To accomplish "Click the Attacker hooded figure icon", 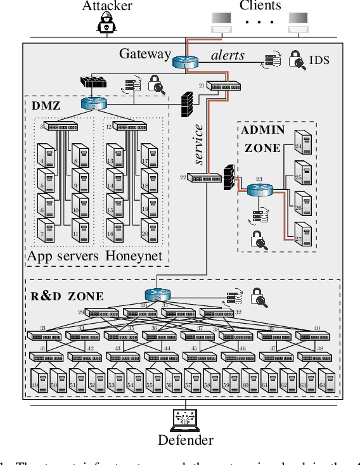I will [107, 24].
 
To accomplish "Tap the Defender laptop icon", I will [185, 420].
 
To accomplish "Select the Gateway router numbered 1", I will [185, 61].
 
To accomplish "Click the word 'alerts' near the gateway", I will [228, 55].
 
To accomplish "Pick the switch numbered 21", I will [224, 86].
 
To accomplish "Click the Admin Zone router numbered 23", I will [259, 189].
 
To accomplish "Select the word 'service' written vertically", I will [198, 145].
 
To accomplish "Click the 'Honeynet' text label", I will [134, 257].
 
